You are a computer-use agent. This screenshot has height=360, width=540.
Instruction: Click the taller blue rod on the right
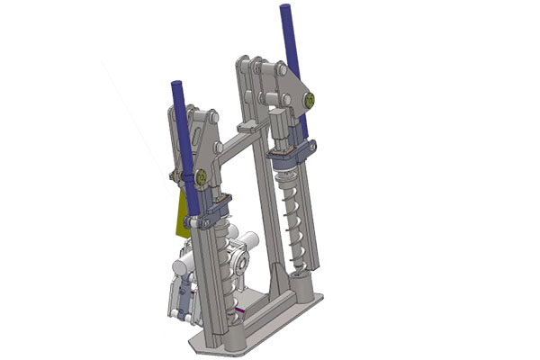coord(291,45)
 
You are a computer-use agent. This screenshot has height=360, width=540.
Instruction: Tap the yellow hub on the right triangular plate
coord(309,99)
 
